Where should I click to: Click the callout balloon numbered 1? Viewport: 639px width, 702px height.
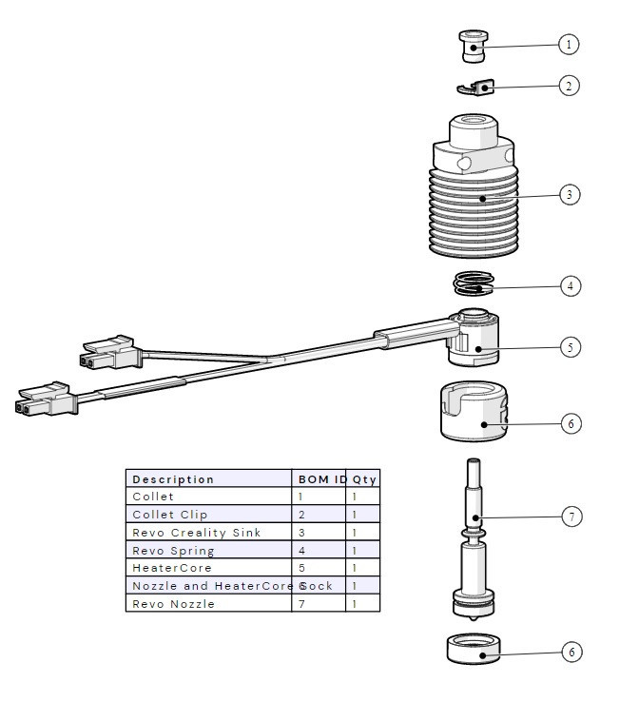tap(569, 44)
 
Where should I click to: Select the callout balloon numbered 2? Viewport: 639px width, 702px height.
tap(569, 86)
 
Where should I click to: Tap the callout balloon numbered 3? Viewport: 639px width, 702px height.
tap(569, 194)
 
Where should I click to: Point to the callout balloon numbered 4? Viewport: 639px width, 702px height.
tap(570, 285)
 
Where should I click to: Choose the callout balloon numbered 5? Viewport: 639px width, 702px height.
tap(570, 347)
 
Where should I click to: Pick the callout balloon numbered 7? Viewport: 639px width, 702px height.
tap(570, 517)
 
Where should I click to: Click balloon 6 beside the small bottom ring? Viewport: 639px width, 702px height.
tap(570, 652)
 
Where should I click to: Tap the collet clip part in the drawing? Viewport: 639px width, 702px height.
tap(476, 88)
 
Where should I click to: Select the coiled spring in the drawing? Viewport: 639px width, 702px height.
tap(474, 283)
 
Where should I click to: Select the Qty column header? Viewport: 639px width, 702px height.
tap(364, 479)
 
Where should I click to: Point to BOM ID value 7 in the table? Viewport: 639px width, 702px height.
tap(301, 604)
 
